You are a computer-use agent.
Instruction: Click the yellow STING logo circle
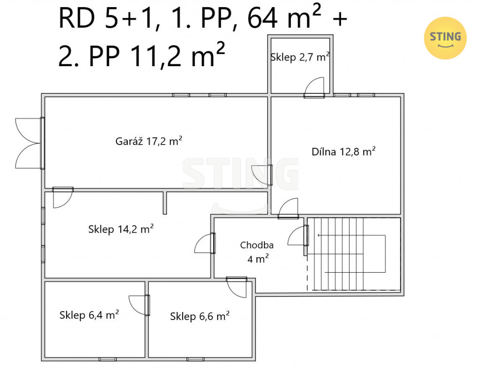(x=445, y=38)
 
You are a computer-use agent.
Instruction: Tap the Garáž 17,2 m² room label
(x=149, y=141)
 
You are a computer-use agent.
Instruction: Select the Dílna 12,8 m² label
(x=343, y=152)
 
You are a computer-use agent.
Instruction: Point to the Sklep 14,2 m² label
(x=121, y=229)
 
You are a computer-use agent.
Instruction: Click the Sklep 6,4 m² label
(x=89, y=315)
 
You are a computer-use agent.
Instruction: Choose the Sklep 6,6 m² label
(x=200, y=316)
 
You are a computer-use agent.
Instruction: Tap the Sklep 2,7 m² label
(x=300, y=57)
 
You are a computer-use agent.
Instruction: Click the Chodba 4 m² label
(x=257, y=252)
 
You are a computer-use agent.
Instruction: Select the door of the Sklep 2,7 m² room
(x=314, y=88)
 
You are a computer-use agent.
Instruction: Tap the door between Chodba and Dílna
(x=288, y=208)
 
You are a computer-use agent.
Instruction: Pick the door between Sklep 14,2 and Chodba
(x=205, y=243)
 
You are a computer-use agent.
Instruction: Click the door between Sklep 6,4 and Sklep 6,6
(x=139, y=305)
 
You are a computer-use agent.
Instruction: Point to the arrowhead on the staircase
(x=319, y=235)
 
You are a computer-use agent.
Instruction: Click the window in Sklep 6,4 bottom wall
(x=108, y=359)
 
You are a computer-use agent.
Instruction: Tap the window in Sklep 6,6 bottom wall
(x=196, y=359)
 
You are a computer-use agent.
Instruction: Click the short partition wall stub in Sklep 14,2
(x=165, y=203)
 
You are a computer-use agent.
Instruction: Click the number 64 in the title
(x=263, y=18)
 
